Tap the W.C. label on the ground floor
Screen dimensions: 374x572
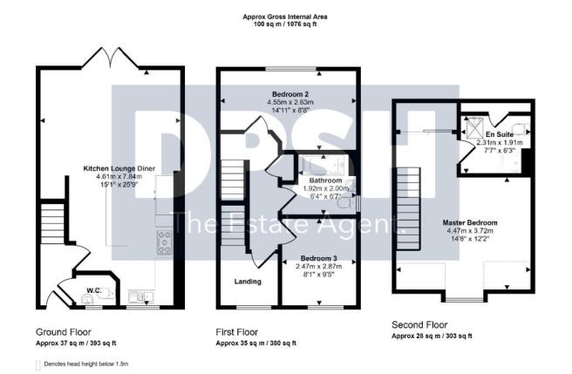click(x=94, y=289)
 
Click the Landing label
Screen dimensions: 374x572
click(x=248, y=281)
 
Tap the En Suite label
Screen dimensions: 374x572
click(x=499, y=134)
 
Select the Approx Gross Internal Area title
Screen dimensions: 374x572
click(x=286, y=17)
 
